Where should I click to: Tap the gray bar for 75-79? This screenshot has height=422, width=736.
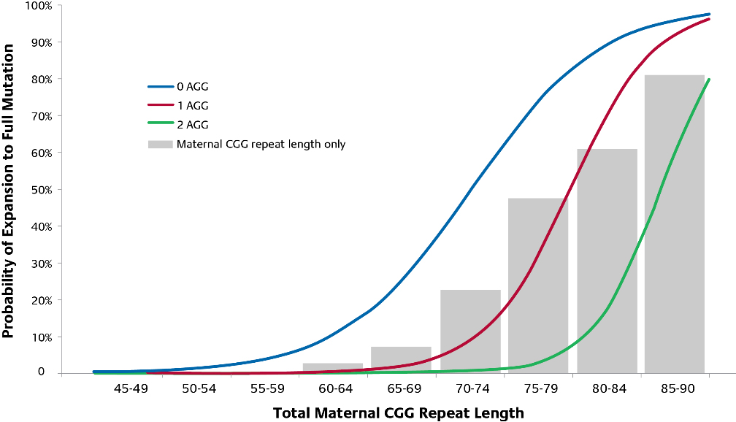coord(538,285)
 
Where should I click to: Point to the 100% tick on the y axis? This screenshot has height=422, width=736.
coord(38,6)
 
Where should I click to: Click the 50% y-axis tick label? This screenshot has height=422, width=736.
coord(40,190)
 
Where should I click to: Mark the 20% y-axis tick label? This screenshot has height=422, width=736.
coord(40,300)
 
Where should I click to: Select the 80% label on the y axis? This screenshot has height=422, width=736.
coord(40,79)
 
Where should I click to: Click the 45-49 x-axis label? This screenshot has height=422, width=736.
coord(131,388)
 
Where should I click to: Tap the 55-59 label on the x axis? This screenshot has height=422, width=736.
coord(267,388)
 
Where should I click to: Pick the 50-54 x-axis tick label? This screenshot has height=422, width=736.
coord(199,388)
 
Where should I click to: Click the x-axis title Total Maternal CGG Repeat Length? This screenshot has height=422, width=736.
coord(399,413)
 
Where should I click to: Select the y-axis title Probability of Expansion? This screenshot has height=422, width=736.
coord(9,191)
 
